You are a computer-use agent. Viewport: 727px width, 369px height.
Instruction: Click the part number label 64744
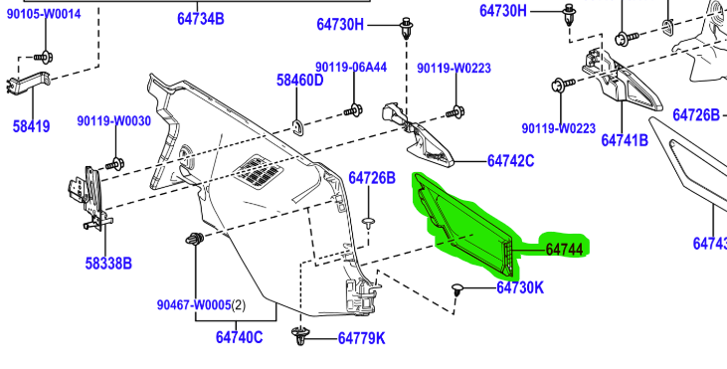pyautogui.click(x=564, y=250)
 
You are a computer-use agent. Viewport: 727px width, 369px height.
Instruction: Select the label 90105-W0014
pyautogui.click(x=44, y=14)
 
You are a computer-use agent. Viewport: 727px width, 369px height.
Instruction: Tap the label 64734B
pyautogui.click(x=200, y=19)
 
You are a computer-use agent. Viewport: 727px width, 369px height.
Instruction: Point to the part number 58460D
pyautogui.click(x=300, y=81)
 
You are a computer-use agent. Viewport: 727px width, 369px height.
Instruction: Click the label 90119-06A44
pyautogui.click(x=351, y=68)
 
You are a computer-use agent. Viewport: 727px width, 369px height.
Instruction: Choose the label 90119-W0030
pyautogui.click(x=114, y=121)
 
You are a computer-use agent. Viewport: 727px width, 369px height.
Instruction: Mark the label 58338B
pyautogui.click(x=108, y=264)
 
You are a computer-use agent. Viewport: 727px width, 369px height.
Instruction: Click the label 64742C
pyautogui.click(x=510, y=161)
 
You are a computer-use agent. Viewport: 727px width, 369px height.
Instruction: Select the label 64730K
pyautogui.click(x=520, y=287)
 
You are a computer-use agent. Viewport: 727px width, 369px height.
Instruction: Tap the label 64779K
pyautogui.click(x=361, y=338)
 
